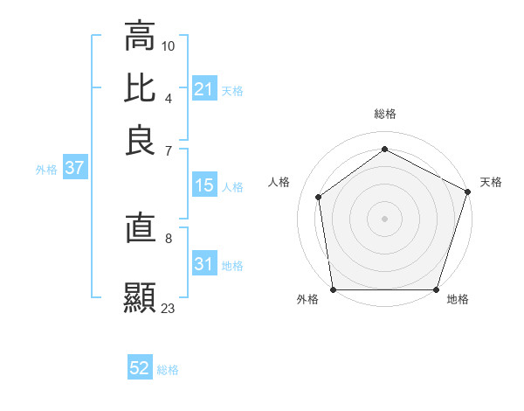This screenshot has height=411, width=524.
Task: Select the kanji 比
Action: point(140,88)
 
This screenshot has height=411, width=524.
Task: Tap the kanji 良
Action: point(140,141)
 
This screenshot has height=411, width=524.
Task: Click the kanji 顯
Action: point(140,297)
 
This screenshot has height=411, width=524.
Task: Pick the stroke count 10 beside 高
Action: point(169,45)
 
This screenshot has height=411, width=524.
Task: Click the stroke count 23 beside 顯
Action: point(169,308)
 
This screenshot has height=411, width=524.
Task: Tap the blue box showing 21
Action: point(204,88)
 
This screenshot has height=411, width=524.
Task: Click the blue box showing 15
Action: point(204,185)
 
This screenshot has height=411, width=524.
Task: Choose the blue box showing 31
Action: point(204,264)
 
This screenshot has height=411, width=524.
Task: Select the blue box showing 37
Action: point(74,169)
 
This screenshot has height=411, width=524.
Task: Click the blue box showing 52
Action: point(140,368)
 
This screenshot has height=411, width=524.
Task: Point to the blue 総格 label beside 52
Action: point(168,370)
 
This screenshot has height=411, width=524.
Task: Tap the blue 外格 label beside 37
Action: point(46,170)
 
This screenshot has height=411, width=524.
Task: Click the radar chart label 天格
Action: point(491,182)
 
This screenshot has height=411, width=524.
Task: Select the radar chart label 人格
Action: point(279,182)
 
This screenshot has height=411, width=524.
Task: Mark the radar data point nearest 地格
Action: point(437,289)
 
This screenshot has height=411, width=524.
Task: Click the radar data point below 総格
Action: point(385,149)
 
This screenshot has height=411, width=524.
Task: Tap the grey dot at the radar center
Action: point(385,218)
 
